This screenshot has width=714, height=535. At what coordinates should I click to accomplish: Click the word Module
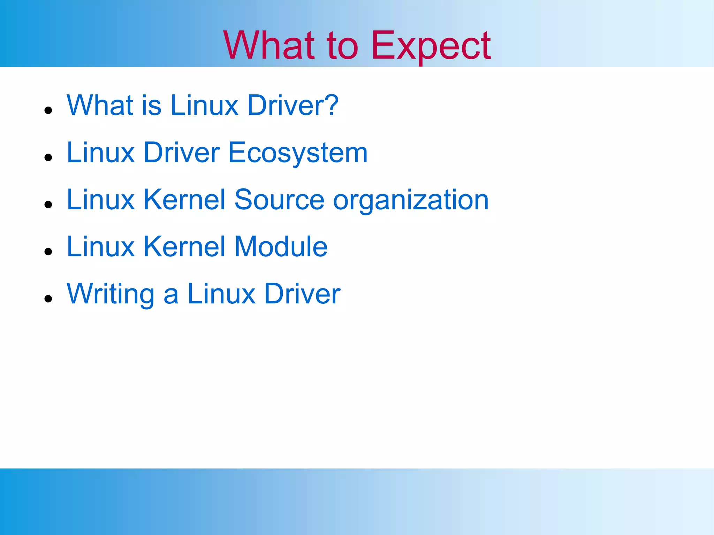(x=281, y=247)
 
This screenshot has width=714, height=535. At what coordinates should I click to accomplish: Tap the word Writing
(x=111, y=294)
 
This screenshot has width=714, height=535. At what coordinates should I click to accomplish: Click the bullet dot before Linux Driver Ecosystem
(x=48, y=157)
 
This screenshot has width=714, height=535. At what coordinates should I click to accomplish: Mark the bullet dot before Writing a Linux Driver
(x=48, y=298)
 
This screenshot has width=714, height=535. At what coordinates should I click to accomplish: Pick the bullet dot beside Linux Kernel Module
(x=48, y=251)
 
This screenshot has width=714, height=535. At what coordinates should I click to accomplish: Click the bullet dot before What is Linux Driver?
(x=48, y=110)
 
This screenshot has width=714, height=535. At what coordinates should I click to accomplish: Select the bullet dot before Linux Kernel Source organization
(x=48, y=204)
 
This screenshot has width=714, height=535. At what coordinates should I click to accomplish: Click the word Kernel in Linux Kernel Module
(x=184, y=247)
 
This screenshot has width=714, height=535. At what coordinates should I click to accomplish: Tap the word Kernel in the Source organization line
(x=184, y=200)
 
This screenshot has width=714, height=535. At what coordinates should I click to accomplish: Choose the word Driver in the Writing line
(x=302, y=294)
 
